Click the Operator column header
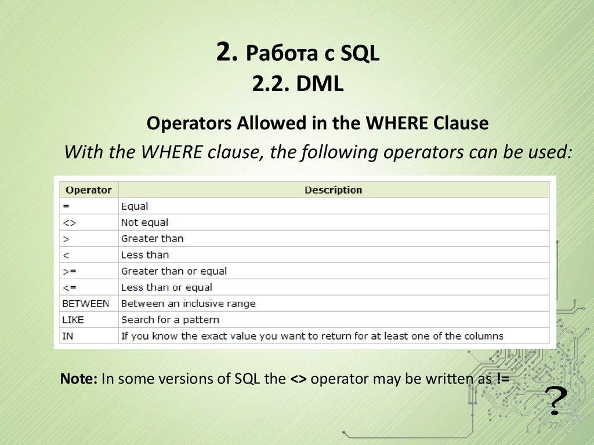(88, 189)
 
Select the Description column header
(333, 189)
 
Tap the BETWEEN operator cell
(86, 303)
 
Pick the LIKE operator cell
(73, 319)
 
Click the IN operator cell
(68, 335)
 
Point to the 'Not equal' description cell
(144, 222)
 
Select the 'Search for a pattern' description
(170, 319)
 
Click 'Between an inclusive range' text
(188, 303)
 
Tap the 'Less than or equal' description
(166, 287)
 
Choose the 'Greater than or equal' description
(173, 271)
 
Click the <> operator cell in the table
(69, 222)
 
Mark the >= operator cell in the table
(69, 271)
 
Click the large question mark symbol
(556, 399)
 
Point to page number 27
(553, 426)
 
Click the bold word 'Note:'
(79, 379)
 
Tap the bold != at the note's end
(502, 379)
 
